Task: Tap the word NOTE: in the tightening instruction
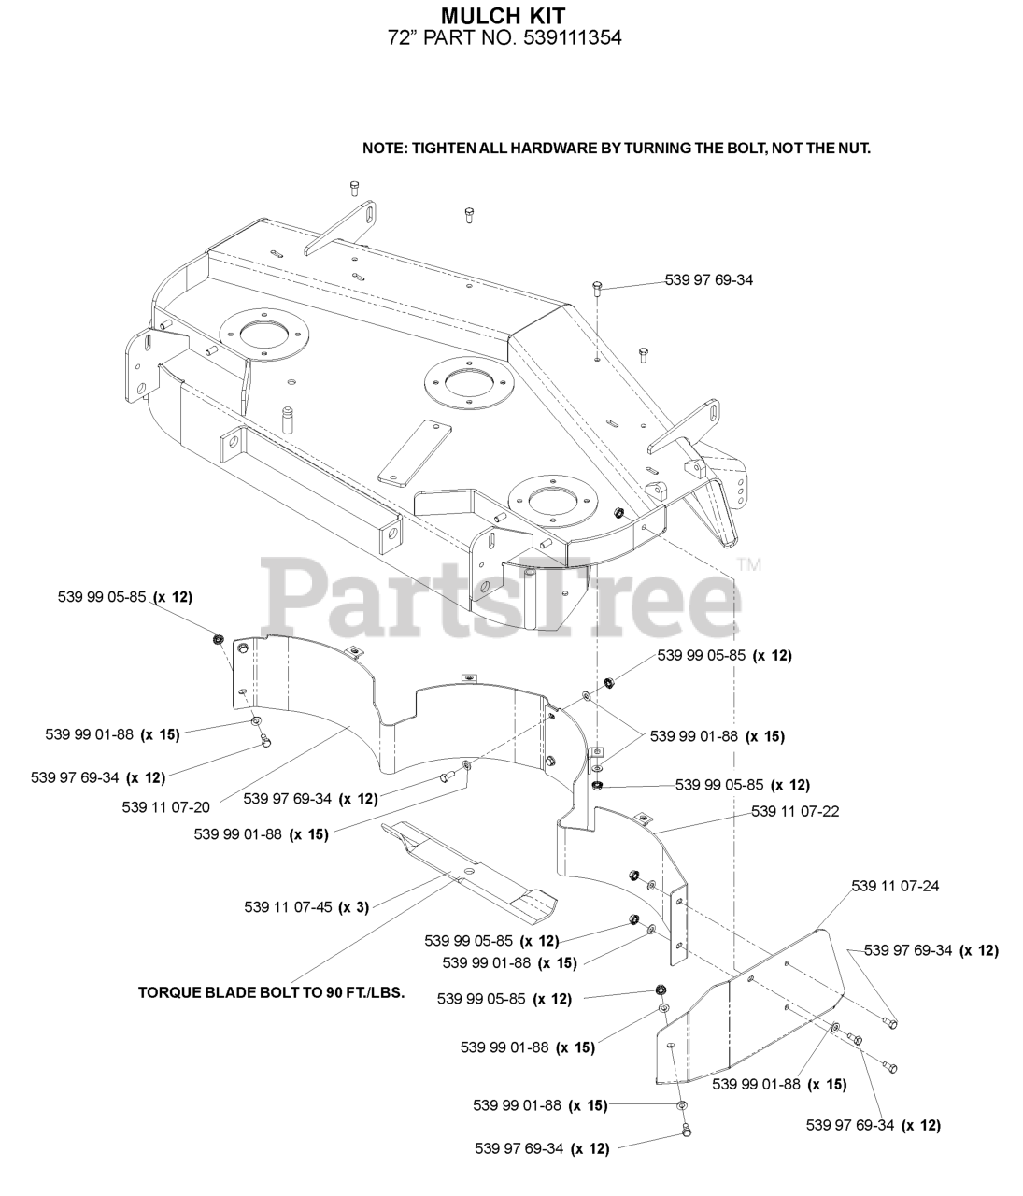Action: pyautogui.click(x=385, y=149)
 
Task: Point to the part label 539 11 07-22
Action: pyautogui.click(x=795, y=811)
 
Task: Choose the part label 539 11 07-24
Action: pyautogui.click(x=895, y=886)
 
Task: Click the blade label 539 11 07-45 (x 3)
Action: pyautogui.click(x=306, y=906)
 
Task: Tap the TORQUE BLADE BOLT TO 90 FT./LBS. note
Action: pyautogui.click(x=271, y=993)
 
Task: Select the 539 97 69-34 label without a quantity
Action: pyautogui.click(x=708, y=279)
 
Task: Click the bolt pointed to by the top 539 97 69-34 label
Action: pyautogui.click(x=596, y=288)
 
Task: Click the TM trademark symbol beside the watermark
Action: pyautogui.click(x=749, y=565)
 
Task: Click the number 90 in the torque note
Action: pyautogui.click(x=334, y=993)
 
